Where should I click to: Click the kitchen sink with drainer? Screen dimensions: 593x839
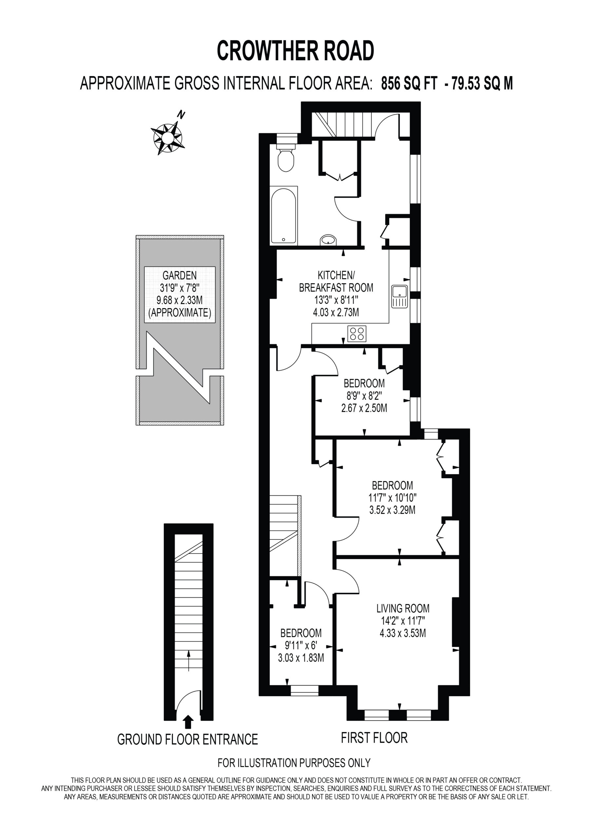pos(400,296)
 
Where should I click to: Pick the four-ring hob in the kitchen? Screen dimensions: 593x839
pos(356,333)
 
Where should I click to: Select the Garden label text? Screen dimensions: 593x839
pos(180,275)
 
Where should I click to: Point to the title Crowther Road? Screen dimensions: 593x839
pos(296,50)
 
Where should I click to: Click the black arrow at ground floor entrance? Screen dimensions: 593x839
pos(188,722)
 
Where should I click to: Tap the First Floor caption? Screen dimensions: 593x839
pos(374,738)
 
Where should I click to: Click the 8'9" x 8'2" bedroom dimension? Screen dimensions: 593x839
pos(364,395)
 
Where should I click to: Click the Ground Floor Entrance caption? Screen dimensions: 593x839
pos(187,739)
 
